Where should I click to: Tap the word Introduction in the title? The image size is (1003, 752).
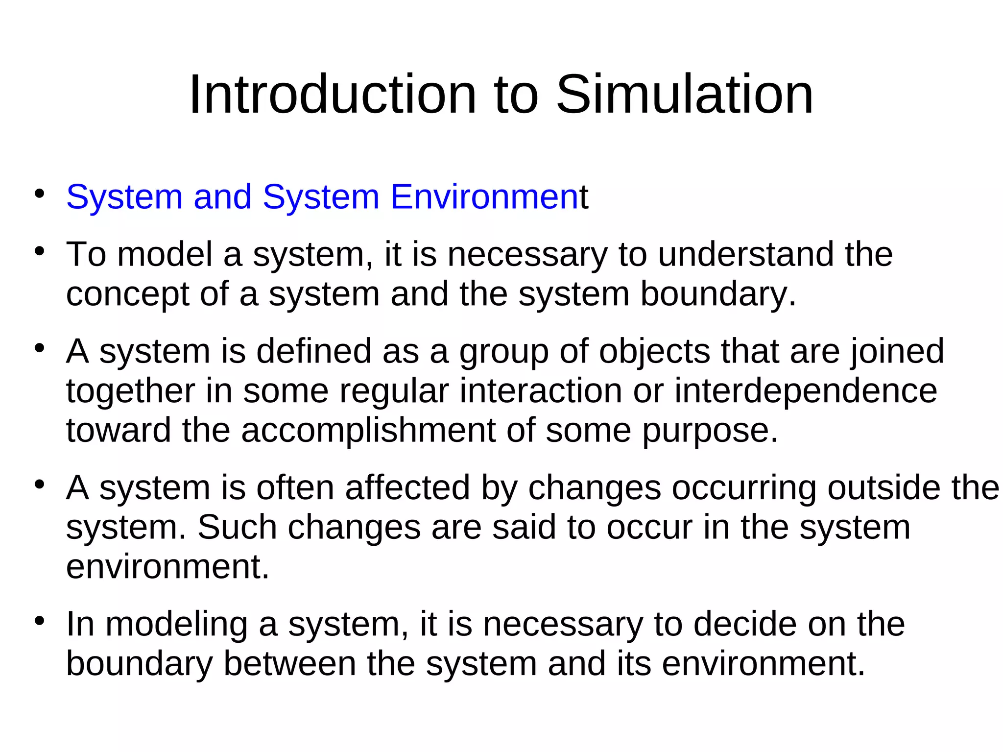(x=333, y=94)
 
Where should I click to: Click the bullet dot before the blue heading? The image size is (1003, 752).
(x=40, y=193)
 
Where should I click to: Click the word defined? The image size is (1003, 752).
(x=313, y=351)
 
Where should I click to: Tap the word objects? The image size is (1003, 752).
(x=654, y=352)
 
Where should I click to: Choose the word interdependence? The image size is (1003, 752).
(x=806, y=391)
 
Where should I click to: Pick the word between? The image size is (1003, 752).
(x=289, y=663)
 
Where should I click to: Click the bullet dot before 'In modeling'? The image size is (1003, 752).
(x=40, y=621)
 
